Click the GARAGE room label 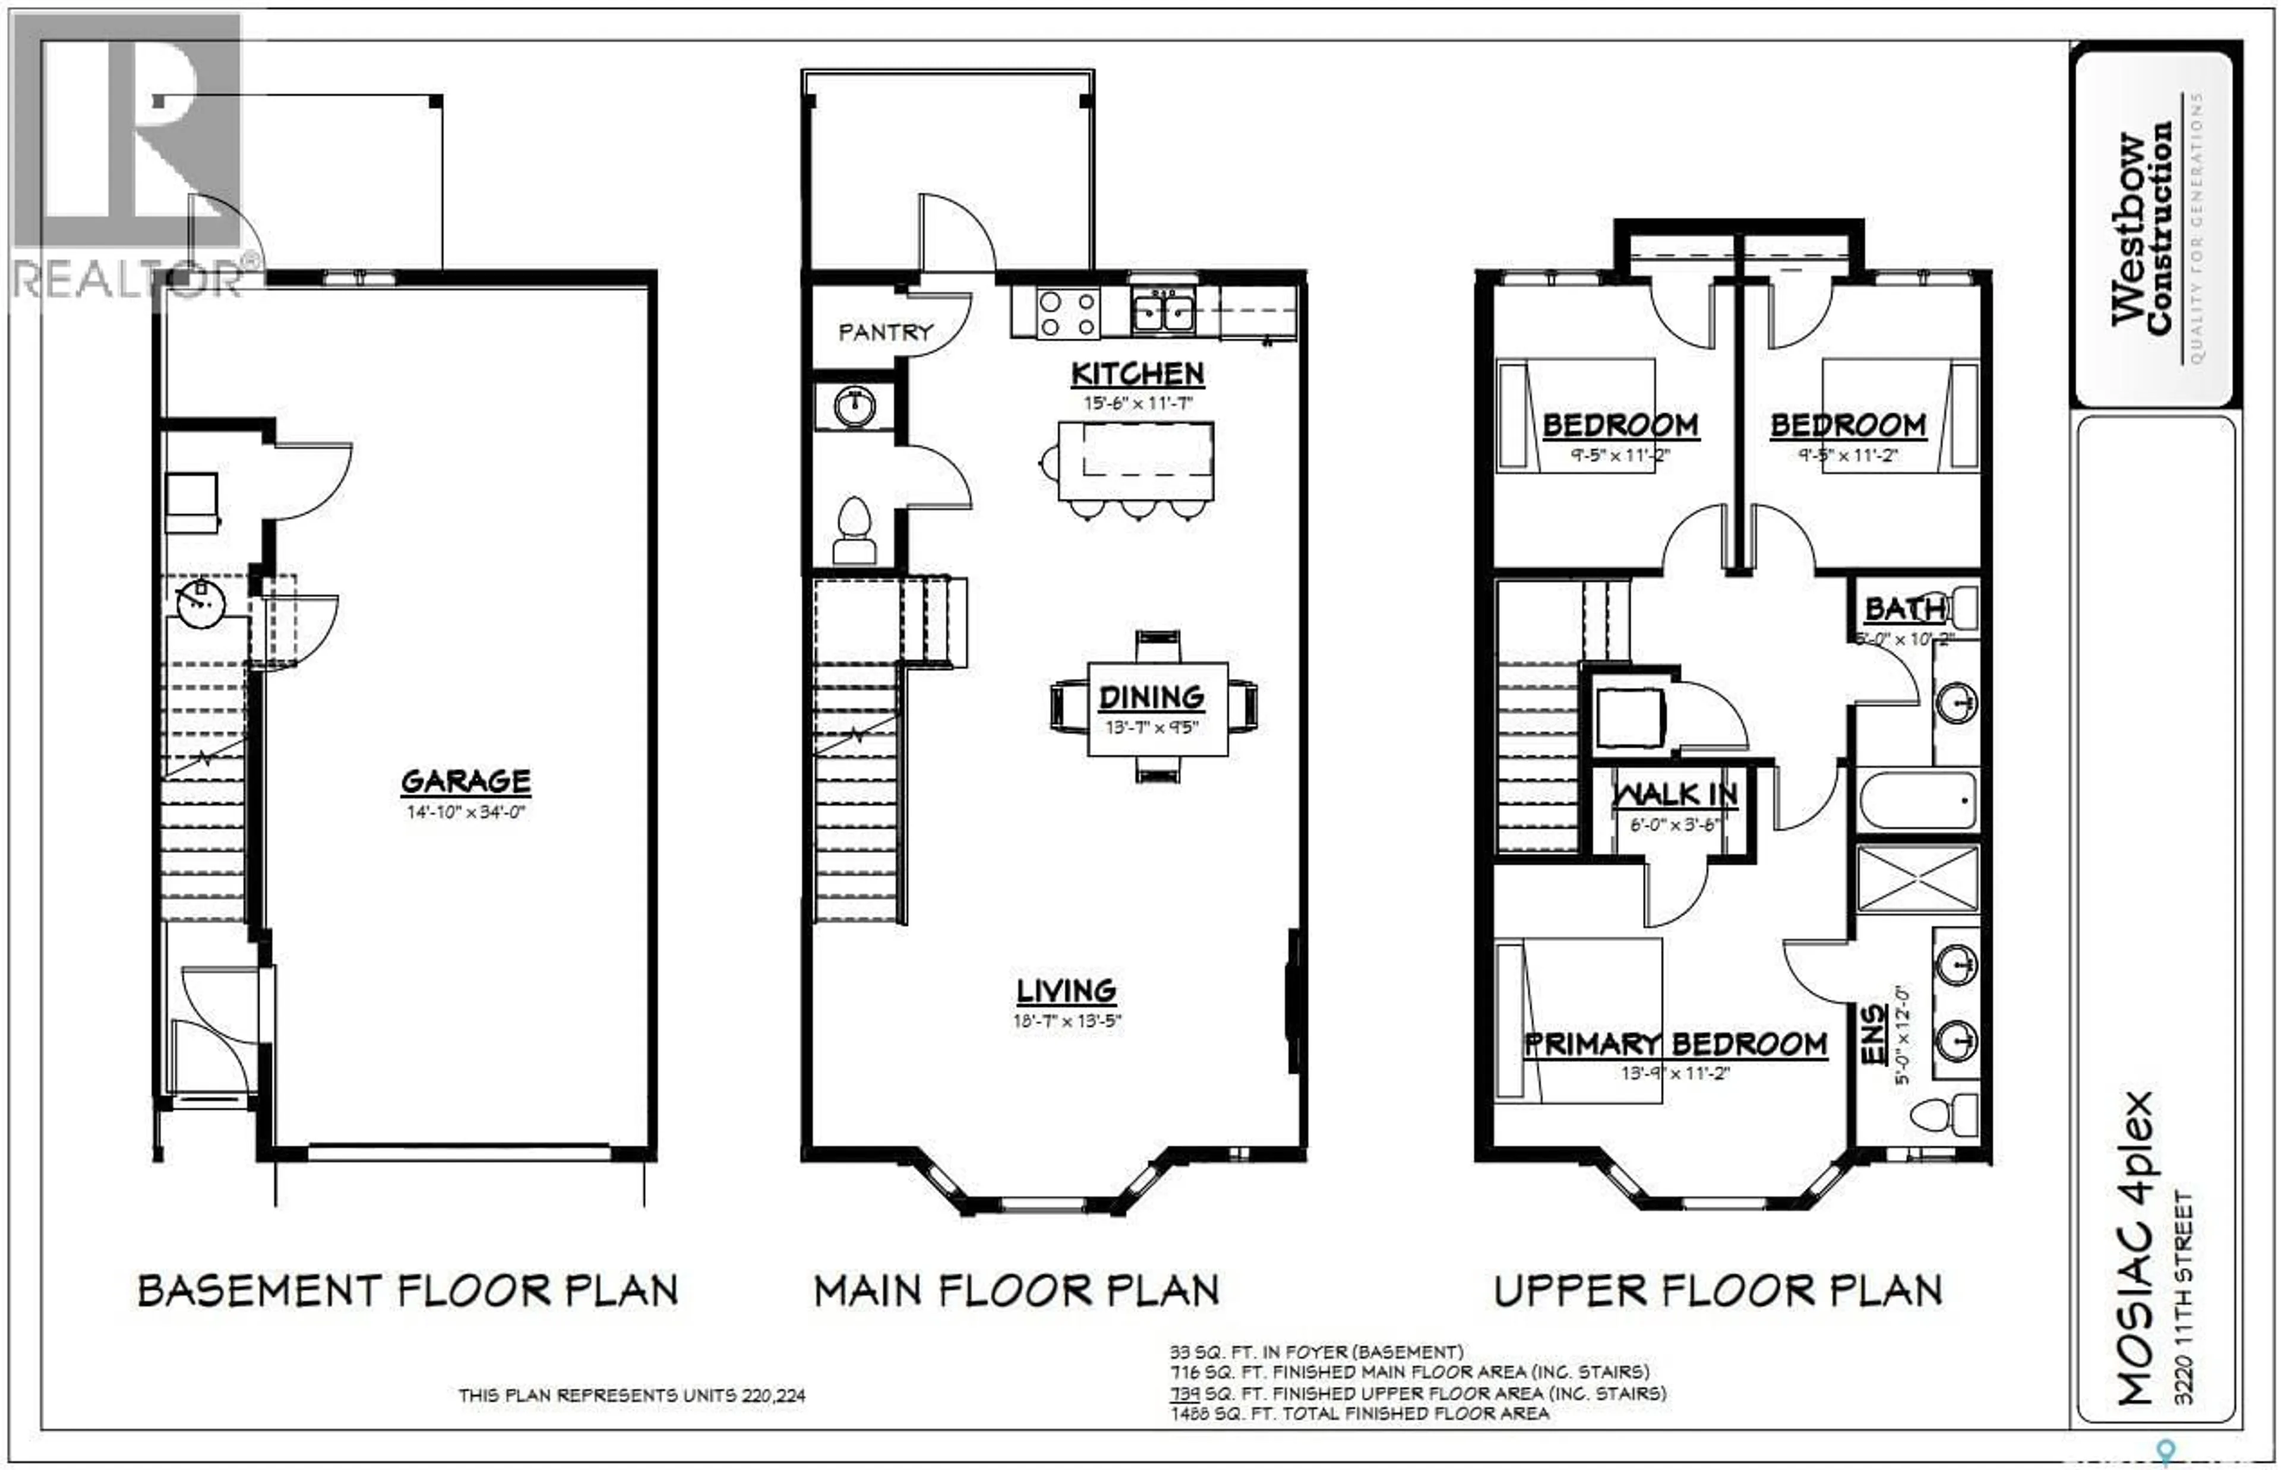pos(466,782)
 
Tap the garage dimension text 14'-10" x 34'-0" pos(466,813)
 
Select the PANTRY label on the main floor pos(884,332)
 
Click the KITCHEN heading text pos(1137,374)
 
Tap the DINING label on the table pos(1151,698)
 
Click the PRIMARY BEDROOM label pos(1675,1044)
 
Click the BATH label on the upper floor pos(1904,609)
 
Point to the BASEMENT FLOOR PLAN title pos(407,1291)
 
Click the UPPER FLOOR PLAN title pos(1718,1291)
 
